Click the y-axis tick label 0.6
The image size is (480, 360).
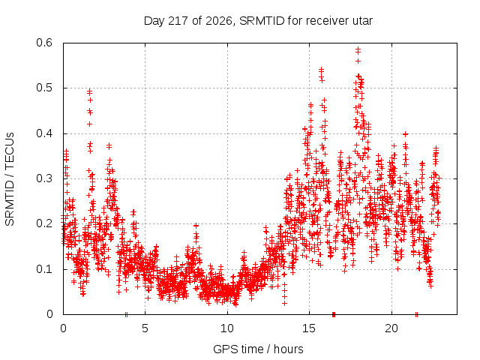tap(44, 43)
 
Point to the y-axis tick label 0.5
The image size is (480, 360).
tap(44, 88)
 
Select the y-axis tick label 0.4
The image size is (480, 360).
tap(44, 133)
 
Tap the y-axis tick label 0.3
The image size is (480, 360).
tap(44, 178)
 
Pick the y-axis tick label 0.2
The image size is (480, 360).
tap(44, 223)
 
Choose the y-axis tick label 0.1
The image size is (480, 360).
tap(44, 269)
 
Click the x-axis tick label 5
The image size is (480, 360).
tap(145, 328)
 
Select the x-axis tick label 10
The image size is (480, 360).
tap(227, 328)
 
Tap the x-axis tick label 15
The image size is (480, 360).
tap(309, 328)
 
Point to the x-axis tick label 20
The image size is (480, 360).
tap(391, 328)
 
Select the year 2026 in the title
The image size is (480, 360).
tap(218, 21)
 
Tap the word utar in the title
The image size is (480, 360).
tap(363, 21)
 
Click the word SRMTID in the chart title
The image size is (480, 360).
tap(262, 21)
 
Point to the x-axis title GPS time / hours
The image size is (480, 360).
tap(258, 349)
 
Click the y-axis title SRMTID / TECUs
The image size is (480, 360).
tap(10, 179)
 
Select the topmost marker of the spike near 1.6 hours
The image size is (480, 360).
tap(89, 91)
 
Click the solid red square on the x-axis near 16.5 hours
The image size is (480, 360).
tap(334, 314)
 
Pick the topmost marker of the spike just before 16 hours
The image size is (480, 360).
tap(321, 70)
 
